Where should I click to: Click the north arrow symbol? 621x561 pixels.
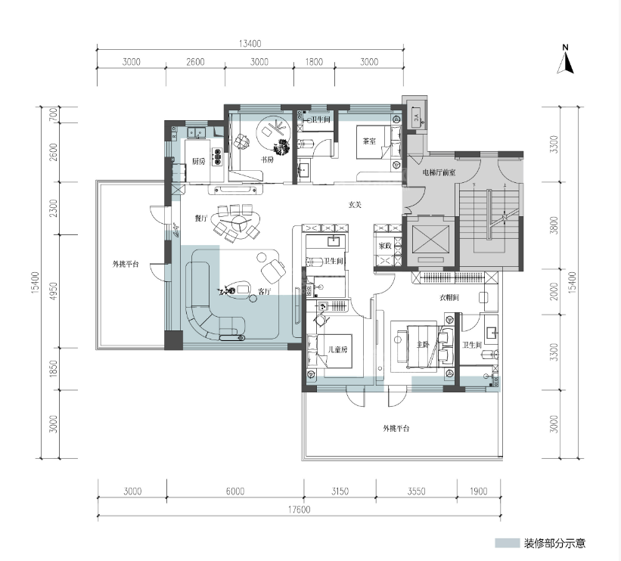(x=566, y=60)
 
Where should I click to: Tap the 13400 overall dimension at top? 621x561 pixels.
(x=250, y=43)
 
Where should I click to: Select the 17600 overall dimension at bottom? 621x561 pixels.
(x=299, y=510)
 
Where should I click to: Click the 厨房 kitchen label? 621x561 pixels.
(x=199, y=161)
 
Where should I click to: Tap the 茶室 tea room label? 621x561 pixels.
(x=369, y=141)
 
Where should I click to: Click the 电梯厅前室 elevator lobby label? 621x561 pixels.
(x=439, y=172)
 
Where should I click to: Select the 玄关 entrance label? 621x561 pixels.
(x=355, y=205)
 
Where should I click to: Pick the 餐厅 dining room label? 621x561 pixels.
(x=201, y=219)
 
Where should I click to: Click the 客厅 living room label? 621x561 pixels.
(x=265, y=291)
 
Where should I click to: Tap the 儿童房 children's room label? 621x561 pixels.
(x=338, y=349)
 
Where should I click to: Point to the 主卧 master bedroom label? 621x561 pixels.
(x=423, y=345)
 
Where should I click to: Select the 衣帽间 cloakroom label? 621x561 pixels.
(x=449, y=297)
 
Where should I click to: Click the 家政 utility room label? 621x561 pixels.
(x=385, y=246)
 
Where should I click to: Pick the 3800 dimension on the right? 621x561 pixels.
(x=554, y=225)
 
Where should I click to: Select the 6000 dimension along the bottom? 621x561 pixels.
(x=235, y=491)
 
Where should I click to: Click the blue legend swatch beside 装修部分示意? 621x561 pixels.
(x=507, y=543)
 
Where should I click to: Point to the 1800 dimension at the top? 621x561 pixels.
(x=314, y=62)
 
